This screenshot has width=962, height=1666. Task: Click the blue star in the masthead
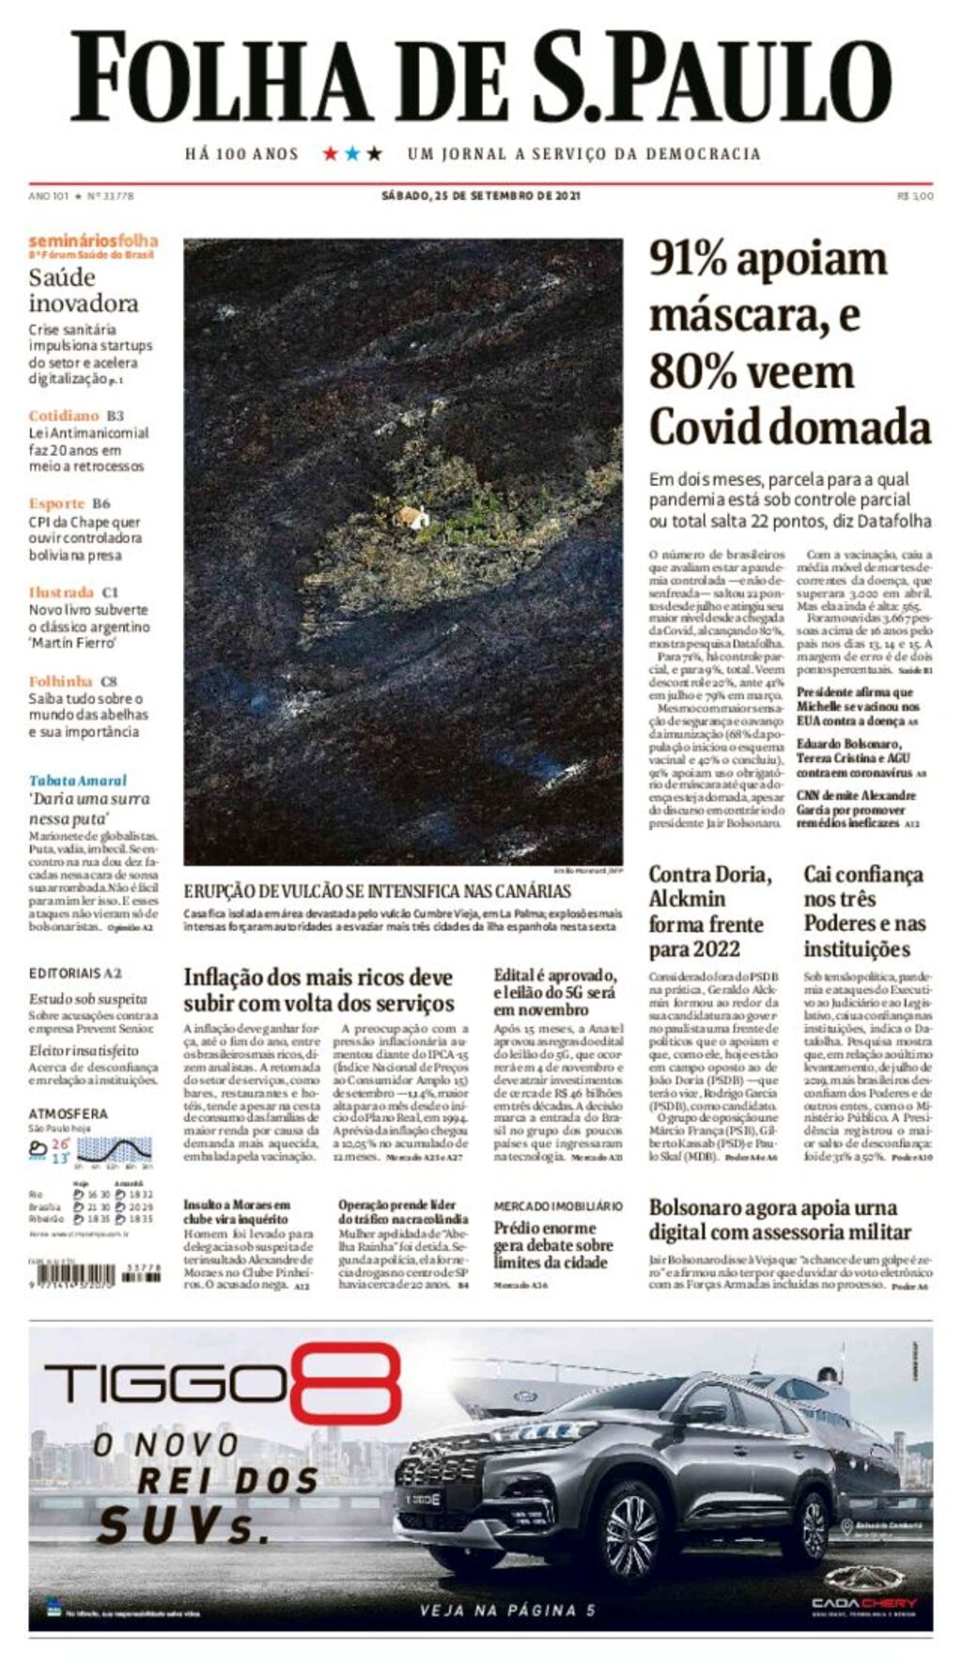352,153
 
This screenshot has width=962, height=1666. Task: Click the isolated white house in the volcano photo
411,517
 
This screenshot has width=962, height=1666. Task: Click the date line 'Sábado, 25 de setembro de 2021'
480,195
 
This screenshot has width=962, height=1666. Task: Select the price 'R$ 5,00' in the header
915,195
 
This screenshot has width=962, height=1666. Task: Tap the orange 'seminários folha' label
93,241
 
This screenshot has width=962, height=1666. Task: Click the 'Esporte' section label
56,504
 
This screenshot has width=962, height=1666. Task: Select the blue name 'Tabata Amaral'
77,780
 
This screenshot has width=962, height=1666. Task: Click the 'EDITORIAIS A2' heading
75,973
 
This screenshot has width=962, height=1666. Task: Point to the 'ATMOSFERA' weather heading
68,1113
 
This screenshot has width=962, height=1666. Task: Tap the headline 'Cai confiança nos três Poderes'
863,911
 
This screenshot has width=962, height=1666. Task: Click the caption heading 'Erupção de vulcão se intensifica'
377,891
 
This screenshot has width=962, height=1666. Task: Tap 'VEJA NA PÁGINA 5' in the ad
507,1610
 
